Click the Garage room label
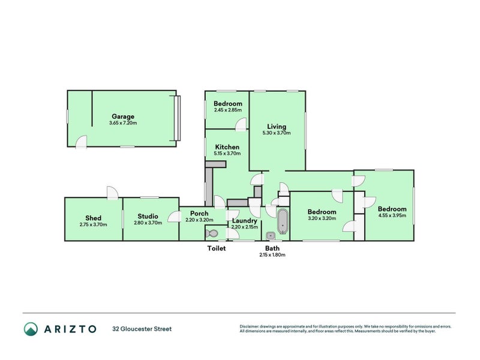[x=122, y=116]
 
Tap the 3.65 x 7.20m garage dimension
[x=123, y=124]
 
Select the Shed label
[x=93, y=218]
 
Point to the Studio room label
[x=148, y=216]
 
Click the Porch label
[x=199, y=213]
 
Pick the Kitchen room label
[x=227, y=147]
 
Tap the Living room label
[x=277, y=127]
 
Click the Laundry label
[x=244, y=220]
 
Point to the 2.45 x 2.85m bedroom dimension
[x=227, y=110]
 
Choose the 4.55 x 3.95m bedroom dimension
[x=392, y=215]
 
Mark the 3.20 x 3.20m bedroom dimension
[x=322, y=218]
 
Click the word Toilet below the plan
[x=216, y=248]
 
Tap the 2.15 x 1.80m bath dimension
[x=272, y=254]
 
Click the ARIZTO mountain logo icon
[x=31, y=329]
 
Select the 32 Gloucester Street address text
[x=142, y=329]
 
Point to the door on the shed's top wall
[x=112, y=193]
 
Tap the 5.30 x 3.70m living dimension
[x=277, y=133]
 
